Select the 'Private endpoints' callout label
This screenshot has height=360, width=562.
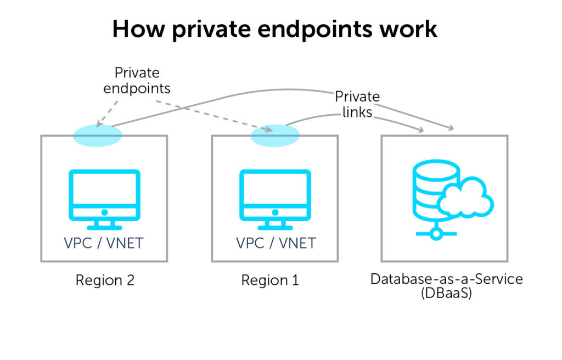click(137, 80)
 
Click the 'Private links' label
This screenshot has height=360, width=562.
click(357, 104)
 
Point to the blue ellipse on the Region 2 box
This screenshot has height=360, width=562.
click(97, 135)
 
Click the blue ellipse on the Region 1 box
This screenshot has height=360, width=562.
click(275, 135)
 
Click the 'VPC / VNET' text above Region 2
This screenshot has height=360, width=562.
click(104, 243)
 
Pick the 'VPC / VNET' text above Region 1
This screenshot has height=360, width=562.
click(276, 243)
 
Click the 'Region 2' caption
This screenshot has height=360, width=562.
click(105, 280)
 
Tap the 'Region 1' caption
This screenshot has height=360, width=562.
click(270, 280)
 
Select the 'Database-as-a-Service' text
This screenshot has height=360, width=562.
click(446, 279)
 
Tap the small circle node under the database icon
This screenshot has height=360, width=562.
click(436, 234)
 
